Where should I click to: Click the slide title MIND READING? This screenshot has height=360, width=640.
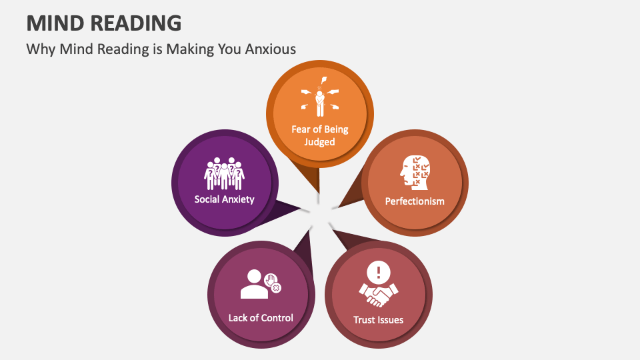(103, 23)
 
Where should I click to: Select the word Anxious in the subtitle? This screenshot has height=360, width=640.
(271, 49)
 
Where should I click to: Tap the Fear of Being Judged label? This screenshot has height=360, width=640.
(319, 135)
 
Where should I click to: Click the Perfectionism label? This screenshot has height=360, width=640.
(415, 201)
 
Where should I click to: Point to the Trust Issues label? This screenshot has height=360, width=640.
(378, 320)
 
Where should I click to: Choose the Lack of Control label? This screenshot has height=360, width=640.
(261, 317)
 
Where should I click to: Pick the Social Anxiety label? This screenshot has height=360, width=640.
(224, 199)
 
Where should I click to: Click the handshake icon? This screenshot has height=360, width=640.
(378, 293)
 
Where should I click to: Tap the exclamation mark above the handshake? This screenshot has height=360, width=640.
(379, 272)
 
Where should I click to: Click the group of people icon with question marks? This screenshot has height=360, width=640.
(224, 173)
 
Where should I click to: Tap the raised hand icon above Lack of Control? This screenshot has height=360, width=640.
(271, 280)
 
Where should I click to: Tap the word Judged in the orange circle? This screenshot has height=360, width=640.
(319, 142)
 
